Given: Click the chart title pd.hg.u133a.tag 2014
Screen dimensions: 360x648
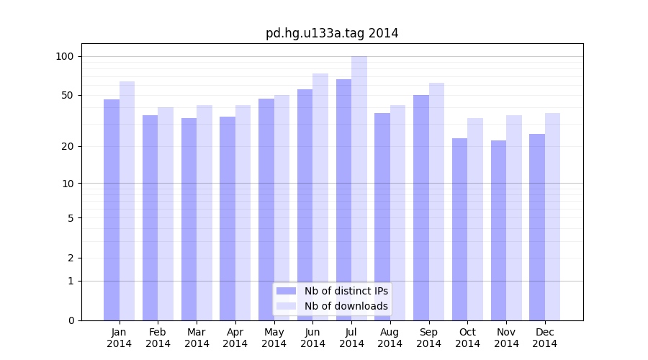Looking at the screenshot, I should [x=332, y=33].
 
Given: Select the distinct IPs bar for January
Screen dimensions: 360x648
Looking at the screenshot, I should [x=112, y=210].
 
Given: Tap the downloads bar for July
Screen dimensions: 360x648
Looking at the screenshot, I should [x=359, y=188].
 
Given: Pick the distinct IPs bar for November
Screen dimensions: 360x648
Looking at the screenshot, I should [x=498, y=230].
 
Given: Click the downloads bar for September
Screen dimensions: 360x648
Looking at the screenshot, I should [x=436, y=202].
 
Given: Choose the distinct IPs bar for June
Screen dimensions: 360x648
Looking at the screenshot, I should [x=305, y=204].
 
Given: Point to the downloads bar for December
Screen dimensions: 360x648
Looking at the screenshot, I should [x=552, y=217].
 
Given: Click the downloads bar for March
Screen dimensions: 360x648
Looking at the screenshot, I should [x=204, y=212].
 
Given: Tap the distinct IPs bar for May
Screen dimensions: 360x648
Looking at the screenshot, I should [x=266, y=210].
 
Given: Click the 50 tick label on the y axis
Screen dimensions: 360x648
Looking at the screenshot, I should [x=68, y=95].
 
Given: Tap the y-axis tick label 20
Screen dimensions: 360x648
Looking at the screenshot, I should [x=68, y=146].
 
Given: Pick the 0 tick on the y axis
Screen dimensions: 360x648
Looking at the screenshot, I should [x=71, y=320].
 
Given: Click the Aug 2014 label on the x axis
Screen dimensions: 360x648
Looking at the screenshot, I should [x=390, y=338].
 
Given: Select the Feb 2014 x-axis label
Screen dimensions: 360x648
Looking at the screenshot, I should [x=158, y=338].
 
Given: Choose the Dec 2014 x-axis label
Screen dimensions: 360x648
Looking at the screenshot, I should [x=545, y=338].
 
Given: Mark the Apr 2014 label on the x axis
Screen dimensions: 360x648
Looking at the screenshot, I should [x=235, y=338].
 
